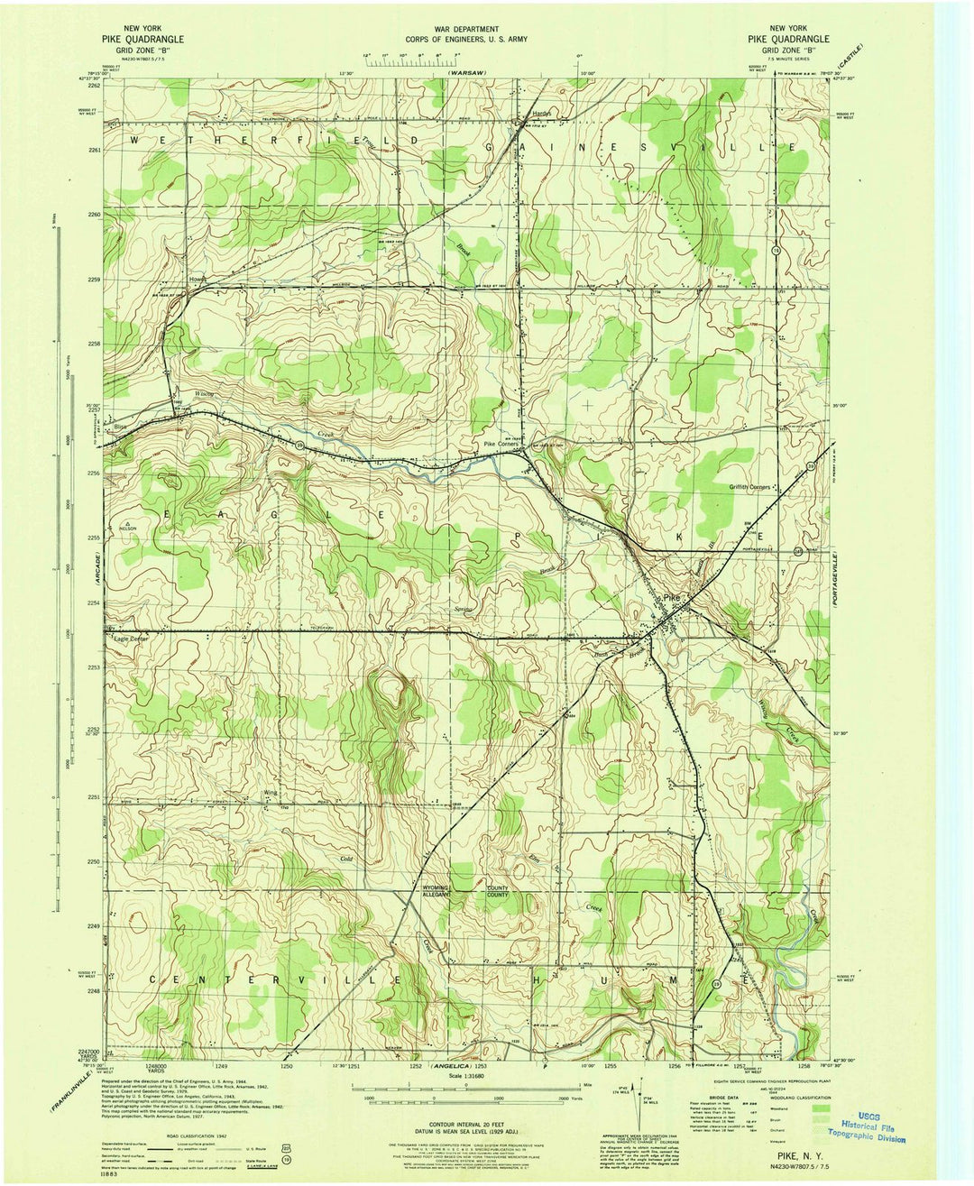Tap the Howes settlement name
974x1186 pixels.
pos(198,280)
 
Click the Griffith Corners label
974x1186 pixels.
pos(749,487)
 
